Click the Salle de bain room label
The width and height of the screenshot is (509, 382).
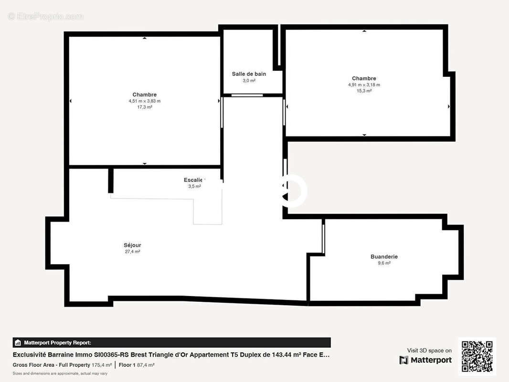(249, 74)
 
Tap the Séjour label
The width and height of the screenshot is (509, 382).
(132, 245)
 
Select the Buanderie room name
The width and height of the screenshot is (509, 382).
(384, 257)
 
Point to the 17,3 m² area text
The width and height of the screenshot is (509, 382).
(144, 107)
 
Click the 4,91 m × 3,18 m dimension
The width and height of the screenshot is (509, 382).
(364, 85)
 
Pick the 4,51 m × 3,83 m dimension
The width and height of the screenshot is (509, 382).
(144, 101)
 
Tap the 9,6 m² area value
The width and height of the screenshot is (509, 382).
(384, 263)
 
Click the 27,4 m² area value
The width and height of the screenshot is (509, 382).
(132, 252)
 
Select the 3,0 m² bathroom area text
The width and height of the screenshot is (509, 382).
(249, 81)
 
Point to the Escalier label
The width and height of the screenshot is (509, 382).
(194, 180)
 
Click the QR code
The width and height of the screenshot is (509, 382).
(477, 356)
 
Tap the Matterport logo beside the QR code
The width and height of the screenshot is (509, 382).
(425, 360)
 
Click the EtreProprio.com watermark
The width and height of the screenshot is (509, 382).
(46, 16)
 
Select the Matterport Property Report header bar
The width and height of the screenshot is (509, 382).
(171, 342)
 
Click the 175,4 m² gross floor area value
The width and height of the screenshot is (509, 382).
(102, 365)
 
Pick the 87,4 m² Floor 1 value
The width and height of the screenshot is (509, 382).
(145, 365)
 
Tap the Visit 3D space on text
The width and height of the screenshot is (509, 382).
(429, 350)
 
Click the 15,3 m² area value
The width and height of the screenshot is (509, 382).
(364, 91)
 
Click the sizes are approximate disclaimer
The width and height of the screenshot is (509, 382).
(60, 373)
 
